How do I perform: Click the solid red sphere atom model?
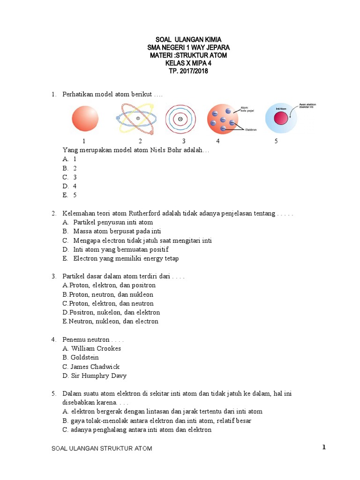(x=85, y=119)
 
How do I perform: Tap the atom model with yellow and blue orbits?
(x=138, y=119)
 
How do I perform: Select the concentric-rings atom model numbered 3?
(x=180, y=119)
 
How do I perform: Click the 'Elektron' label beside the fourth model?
(x=251, y=130)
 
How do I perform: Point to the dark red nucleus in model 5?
(x=281, y=119)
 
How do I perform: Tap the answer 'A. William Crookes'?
(x=92, y=348)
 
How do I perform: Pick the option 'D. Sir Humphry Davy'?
(x=94, y=375)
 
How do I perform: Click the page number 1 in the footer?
(x=323, y=447)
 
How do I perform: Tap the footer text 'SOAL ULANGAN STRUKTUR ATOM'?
(x=102, y=449)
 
